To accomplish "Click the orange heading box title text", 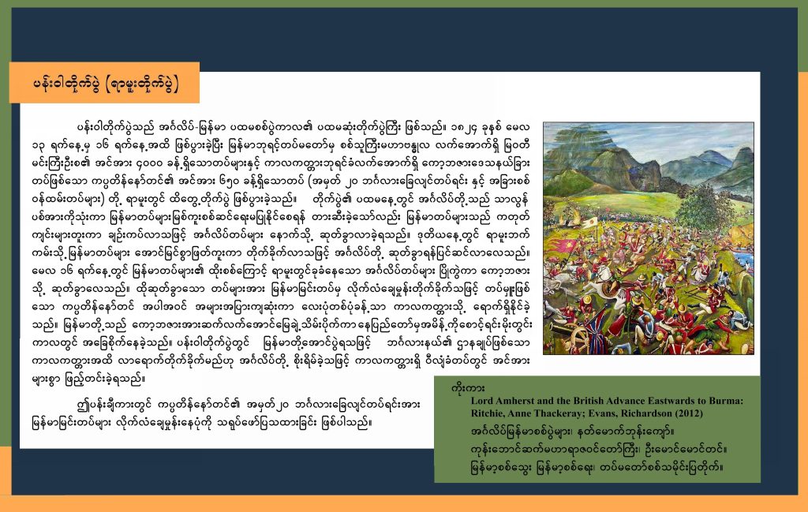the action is (106, 84).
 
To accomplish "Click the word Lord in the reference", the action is (481, 401).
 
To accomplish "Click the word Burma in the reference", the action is (726, 401).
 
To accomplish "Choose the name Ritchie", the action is (487, 413).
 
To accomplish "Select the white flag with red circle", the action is (590, 222).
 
